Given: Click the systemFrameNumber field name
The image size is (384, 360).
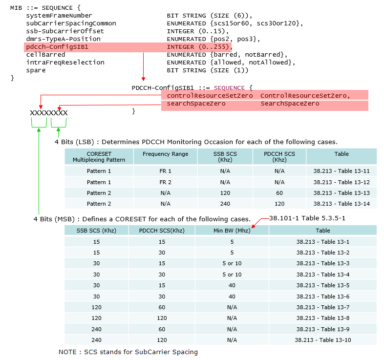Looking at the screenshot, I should pyautogui.click(x=59, y=16).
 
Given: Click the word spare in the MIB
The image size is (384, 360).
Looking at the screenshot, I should pyautogui.click(x=36, y=70).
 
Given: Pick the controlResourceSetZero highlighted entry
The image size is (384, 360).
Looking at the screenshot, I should pyautogui.click(x=210, y=96).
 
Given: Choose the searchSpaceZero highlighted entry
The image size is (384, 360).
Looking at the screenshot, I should pyautogui.click(x=196, y=104).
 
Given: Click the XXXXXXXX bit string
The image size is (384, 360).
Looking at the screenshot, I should pyautogui.click(x=49, y=113).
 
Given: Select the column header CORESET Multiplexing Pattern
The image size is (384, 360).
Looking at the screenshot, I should pyautogui.click(x=99, y=157).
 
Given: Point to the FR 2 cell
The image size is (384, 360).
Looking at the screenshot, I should pyautogui.click(x=165, y=182).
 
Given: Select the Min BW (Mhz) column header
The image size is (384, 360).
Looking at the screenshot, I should pyautogui.click(x=232, y=231).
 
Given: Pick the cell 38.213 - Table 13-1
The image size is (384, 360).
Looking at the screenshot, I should pyautogui.click(x=323, y=242).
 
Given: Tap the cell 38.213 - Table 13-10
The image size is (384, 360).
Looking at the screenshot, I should pyautogui.click(x=323, y=340).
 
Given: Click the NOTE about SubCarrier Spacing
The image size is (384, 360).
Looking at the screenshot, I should pyautogui.click(x=128, y=352).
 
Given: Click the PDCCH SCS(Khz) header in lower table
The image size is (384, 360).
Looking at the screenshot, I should pyautogui.click(x=162, y=231).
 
